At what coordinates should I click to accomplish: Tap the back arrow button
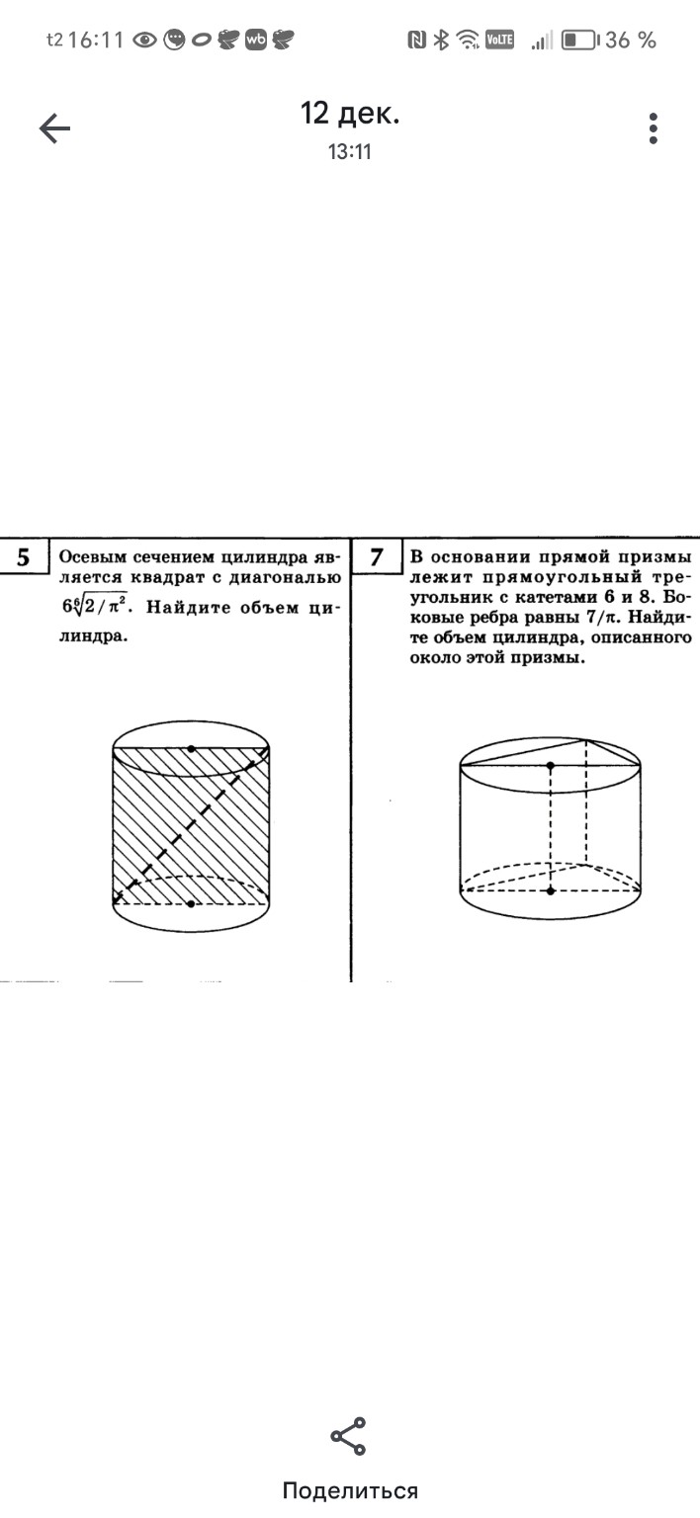[x=54, y=128]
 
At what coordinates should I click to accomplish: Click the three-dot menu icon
[x=653, y=128]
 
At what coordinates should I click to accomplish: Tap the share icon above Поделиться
[x=348, y=1436]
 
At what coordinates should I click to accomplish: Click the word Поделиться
[x=350, y=1490]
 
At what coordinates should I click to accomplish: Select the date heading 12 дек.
[x=350, y=114]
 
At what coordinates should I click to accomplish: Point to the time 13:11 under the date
[x=350, y=152]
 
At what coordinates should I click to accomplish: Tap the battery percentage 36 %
[x=631, y=41]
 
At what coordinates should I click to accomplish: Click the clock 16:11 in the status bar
[x=97, y=41]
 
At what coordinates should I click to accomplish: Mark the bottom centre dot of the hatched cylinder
[x=191, y=903]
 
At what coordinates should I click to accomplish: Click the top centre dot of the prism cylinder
[x=551, y=766]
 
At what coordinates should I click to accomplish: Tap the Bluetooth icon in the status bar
[x=442, y=41]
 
